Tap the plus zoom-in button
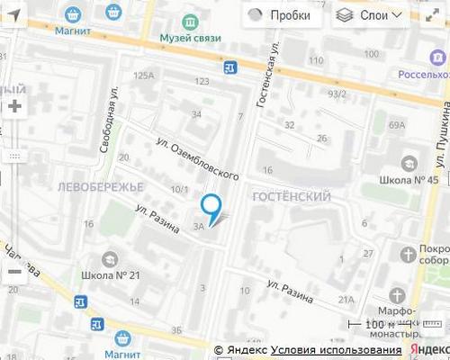(x=14, y=106)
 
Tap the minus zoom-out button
(x=14, y=271)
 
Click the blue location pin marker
(x=211, y=208)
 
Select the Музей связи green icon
(x=189, y=22)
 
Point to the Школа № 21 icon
(x=110, y=259)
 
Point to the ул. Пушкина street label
(x=442, y=134)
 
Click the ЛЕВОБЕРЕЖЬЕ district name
(x=100, y=186)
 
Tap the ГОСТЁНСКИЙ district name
(x=292, y=196)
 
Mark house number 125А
(x=144, y=76)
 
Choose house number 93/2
(x=337, y=94)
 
